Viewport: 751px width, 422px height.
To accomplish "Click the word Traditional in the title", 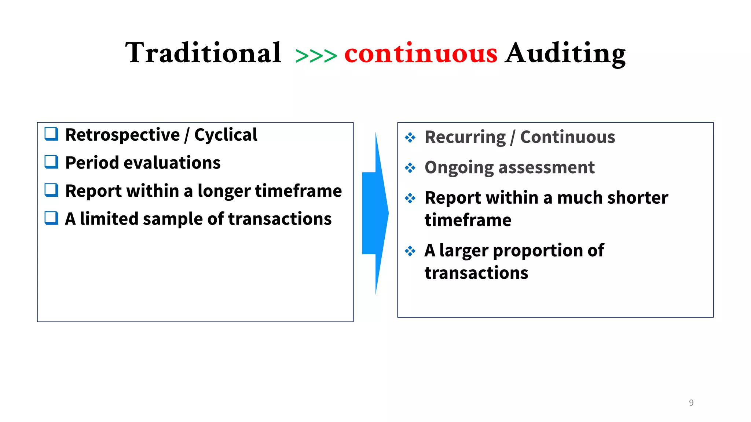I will (x=203, y=53).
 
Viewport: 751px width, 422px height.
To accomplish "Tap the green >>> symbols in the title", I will (x=316, y=56).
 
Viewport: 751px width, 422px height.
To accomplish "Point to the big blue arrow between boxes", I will (x=375, y=213).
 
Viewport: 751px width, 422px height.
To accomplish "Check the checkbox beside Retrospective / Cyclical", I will (x=51, y=134).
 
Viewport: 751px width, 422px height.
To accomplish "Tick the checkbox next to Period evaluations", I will (x=51, y=162).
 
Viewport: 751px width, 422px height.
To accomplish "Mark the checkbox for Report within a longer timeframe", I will (x=51, y=190).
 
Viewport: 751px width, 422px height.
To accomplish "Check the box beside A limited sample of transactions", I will (x=51, y=218).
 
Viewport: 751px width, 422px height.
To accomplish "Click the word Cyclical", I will (x=226, y=135).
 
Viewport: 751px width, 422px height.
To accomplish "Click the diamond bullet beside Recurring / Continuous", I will (x=410, y=138).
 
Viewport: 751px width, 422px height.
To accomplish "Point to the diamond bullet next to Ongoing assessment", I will (x=410, y=168).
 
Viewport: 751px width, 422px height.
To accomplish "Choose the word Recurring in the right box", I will (x=465, y=137).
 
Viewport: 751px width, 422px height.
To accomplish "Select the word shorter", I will (x=637, y=198).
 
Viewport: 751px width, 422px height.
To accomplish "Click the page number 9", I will (x=691, y=403).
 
